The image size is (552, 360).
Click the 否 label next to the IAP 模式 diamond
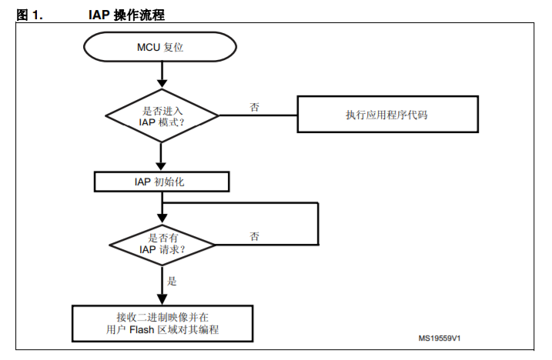pyautogui.click(x=255, y=107)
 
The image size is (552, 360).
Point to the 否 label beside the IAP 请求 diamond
pyautogui.click(x=255, y=236)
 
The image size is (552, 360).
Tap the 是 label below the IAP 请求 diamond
pyautogui.click(x=172, y=281)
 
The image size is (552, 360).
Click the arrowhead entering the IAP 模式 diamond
pyautogui.click(x=162, y=83)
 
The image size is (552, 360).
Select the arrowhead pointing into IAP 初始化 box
pyautogui.click(x=161, y=166)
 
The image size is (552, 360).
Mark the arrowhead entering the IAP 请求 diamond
pyautogui.click(x=162, y=218)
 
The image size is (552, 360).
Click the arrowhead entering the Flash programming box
pyautogui.click(x=162, y=299)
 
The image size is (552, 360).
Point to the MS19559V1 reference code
pyautogui.click(x=440, y=338)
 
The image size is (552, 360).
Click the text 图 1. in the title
pyautogui.click(x=29, y=15)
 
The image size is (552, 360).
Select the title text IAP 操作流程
pyautogui.click(x=126, y=15)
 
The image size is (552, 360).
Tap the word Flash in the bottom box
pyautogui.click(x=142, y=330)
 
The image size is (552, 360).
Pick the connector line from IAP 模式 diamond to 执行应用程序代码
pyautogui.click(x=258, y=115)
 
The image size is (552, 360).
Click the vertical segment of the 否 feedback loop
pyautogui.click(x=318, y=224)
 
